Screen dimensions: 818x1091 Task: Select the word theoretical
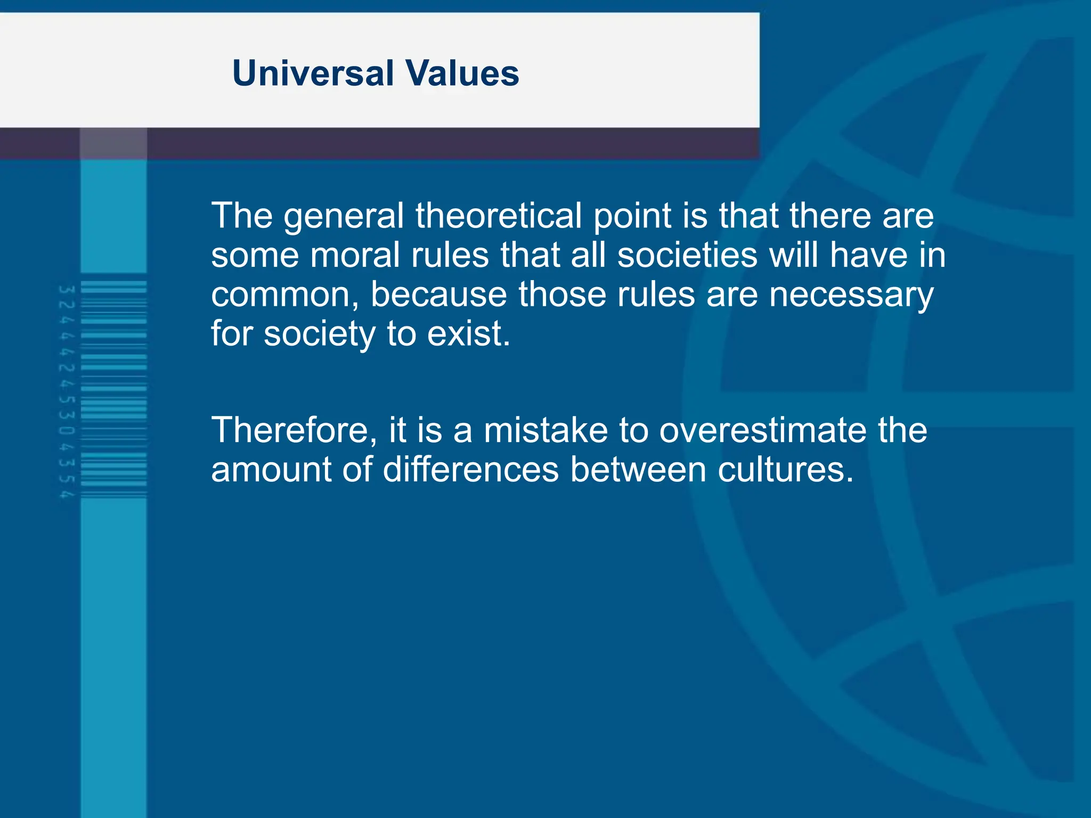[499, 216]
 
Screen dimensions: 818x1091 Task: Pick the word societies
[687, 255]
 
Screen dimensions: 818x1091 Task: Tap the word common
[283, 296]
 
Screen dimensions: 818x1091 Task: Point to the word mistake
[545, 430]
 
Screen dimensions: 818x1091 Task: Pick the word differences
[470, 470]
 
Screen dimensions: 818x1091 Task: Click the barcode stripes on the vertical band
[113, 389]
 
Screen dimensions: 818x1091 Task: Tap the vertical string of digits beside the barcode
[67, 392]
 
